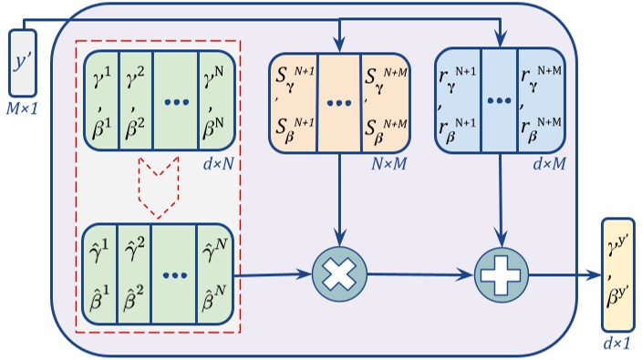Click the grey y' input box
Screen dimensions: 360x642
click(x=22, y=61)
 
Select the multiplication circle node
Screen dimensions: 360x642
click(x=338, y=273)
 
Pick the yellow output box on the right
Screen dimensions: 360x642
click(x=617, y=274)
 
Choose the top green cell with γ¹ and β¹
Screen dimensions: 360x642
click(x=99, y=101)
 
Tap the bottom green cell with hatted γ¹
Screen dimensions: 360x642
click(x=99, y=274)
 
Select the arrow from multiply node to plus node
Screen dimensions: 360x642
click(x=419, y=273)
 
